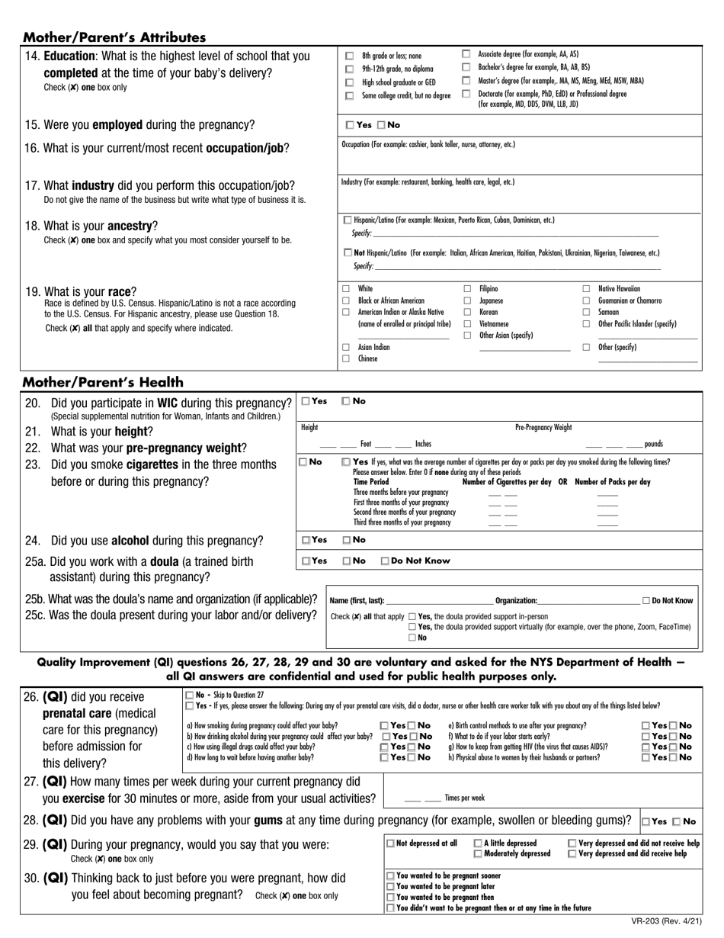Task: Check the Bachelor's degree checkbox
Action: coord(466,67)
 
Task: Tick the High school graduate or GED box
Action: coord(350,82)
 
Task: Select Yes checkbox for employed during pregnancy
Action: coord(350,125)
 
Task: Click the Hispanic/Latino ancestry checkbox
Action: coord(348,220)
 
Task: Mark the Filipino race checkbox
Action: coord(467,289)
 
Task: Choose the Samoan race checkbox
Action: coord(586,313)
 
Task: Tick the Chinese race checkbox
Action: coord(346,358)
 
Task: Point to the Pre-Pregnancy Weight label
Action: coord(543,428)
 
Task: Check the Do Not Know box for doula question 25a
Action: coord(386,561)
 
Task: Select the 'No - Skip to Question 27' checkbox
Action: coord(190,695)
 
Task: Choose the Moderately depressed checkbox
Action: coord(478,853)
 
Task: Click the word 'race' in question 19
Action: coord(118,291)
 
